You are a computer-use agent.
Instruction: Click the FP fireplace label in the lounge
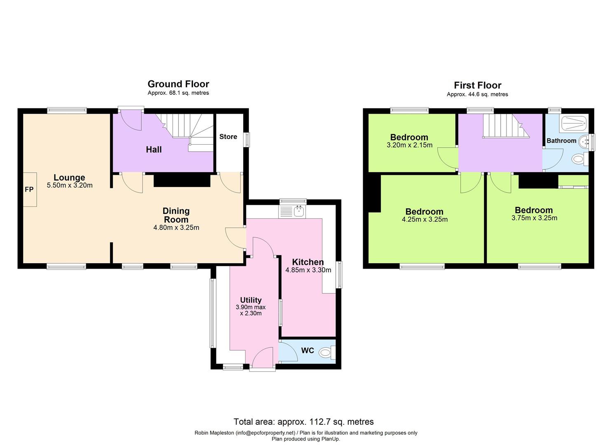pos(29,190)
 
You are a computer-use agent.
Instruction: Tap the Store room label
pos(228,137)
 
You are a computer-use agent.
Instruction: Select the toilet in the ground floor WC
pos(327,352)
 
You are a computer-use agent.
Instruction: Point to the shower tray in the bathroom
pos(574,121)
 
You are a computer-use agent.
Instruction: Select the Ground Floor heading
pos(178,84)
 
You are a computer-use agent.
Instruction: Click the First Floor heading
pos(477,85)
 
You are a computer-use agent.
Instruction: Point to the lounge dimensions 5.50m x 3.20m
pos(70,185)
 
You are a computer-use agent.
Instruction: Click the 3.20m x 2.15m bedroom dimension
pos(409,145)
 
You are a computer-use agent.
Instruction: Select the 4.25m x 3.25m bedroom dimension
pos(424,220)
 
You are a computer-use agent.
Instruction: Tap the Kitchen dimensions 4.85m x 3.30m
pos(308,270)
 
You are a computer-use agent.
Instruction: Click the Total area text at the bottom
pos(303,422)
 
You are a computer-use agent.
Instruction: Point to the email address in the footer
pos(265,433)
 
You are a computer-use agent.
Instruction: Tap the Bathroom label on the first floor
pos(561,141)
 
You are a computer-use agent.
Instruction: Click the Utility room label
pos(251,300)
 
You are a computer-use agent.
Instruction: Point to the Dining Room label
pos(176,215)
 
